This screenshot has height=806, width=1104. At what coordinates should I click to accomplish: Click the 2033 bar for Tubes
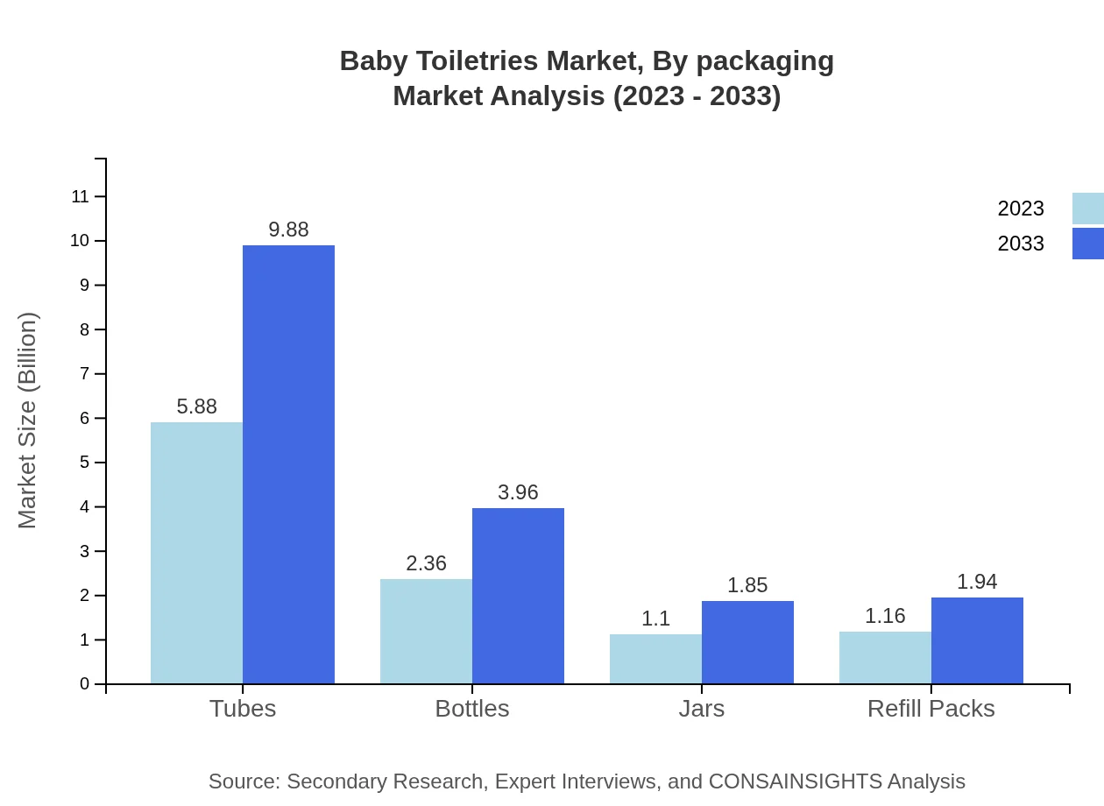pos(288,464)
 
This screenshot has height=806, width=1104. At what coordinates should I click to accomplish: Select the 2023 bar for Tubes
pos(196,553)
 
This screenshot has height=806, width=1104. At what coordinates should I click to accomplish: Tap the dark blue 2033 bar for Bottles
pos(518,596)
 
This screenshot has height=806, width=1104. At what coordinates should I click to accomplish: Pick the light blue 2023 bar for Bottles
pos(426,631)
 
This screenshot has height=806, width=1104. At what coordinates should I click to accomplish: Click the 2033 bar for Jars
pos(747,642)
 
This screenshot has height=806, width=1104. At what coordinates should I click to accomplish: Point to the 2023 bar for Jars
pos(655,659)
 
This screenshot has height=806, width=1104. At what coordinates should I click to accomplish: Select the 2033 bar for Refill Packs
pos(977,640)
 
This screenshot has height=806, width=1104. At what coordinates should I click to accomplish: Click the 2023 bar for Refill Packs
pos(885,657)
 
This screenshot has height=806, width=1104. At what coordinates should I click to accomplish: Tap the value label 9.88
pos(288,230)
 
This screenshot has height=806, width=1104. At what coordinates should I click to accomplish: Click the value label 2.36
pos(426,563)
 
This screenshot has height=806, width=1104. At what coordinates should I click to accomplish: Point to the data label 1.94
pos(977,582)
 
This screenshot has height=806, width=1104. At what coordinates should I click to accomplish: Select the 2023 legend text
pos(1021,209)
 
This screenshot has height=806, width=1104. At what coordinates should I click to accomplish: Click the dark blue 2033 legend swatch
pos(1088,244)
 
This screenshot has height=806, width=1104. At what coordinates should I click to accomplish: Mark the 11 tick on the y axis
pos(81,196)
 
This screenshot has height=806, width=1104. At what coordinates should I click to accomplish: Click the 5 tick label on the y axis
pos(85,463)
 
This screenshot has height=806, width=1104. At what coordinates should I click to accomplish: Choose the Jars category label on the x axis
pos(701,709)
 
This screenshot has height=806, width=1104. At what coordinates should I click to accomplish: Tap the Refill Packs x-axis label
pos(931,709)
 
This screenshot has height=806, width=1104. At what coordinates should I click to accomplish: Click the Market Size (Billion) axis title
pos(27,421)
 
